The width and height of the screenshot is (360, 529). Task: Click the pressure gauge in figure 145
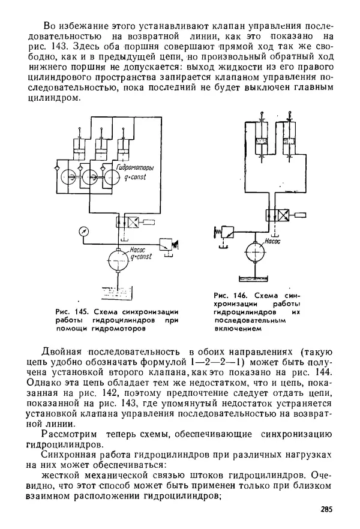tap(82, 230)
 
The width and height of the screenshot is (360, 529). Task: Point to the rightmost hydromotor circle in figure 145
tap(110, 176)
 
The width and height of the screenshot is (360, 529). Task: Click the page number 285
tap(326, 510)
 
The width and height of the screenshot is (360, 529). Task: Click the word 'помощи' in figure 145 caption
tap(70, 328)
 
